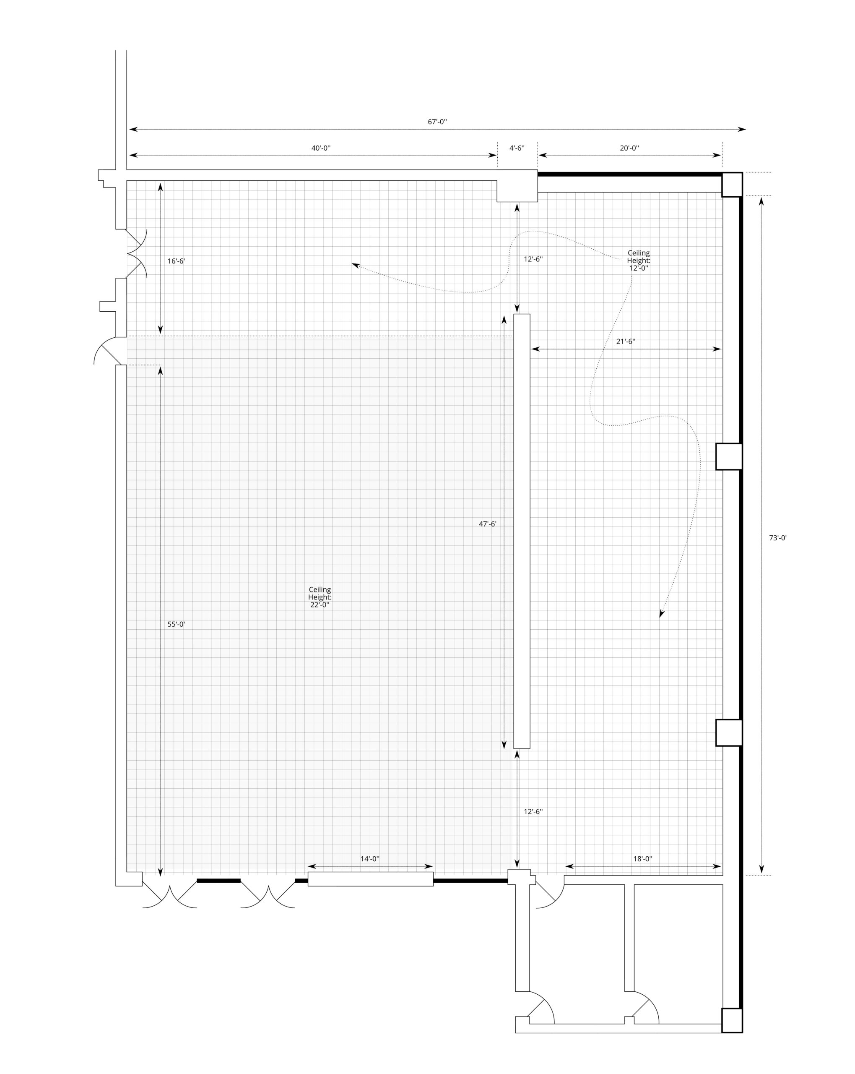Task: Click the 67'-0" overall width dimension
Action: pos(437,122)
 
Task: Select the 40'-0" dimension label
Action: pos(321,148)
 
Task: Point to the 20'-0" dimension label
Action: pos(629,148)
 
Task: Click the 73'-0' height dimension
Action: pos(778,538)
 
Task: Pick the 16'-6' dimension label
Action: pos(176,261)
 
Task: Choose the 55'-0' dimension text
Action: pos(176,624)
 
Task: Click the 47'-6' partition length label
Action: pos(488,524)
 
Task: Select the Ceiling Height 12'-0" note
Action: pos(638,261)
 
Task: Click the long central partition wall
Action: pos(522,531)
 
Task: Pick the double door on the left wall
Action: pos(137,253)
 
